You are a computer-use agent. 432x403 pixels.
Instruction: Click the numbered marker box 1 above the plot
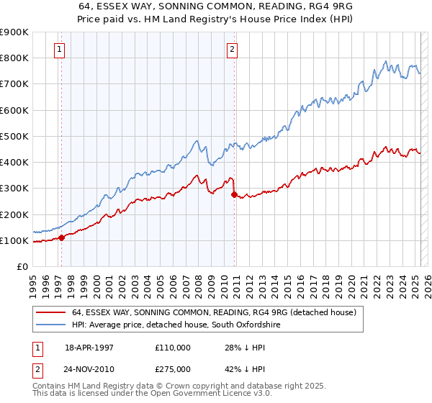click(x=59, y=50)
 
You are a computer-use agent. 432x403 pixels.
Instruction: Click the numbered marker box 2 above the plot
click(x=233, y=50)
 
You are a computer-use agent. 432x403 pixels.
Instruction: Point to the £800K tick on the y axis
click(x=14, y=58)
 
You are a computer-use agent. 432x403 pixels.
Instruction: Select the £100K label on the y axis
click(x=14, y=240)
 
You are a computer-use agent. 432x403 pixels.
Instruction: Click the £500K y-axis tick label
click(x=14, y=136)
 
